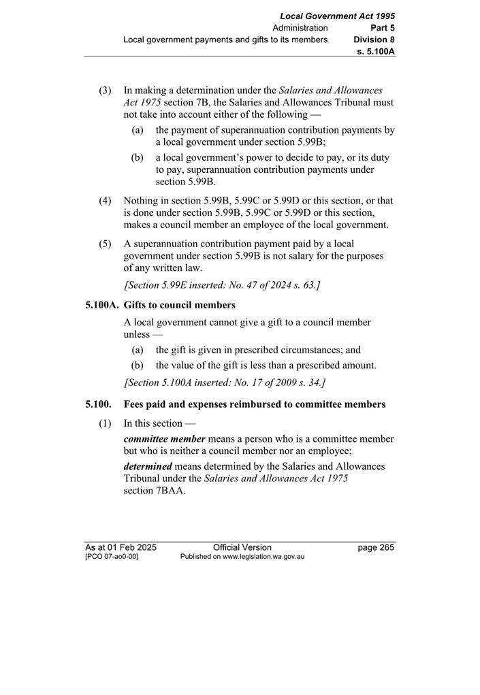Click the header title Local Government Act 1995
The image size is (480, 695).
[x=337, y=16]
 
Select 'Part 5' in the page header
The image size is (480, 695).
[x=383, y=28]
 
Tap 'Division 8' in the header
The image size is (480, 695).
[x=374, y=39]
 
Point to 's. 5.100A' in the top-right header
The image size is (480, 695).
[x=376, y=51]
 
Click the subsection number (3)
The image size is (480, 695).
[x=105, y=91]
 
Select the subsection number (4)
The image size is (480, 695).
[x=105, y=201]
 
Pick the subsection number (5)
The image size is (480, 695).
[x=105, y=244]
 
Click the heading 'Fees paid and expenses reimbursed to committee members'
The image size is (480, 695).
[x=255, y=404]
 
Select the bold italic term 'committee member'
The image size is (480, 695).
[x=164, y=439]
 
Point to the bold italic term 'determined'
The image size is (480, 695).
[x=148, y=466]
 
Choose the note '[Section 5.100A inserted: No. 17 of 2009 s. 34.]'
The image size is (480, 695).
[x=225, y=383]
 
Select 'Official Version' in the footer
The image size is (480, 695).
[x=242, y=547]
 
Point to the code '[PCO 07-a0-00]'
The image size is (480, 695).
[x=112, y=557]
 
